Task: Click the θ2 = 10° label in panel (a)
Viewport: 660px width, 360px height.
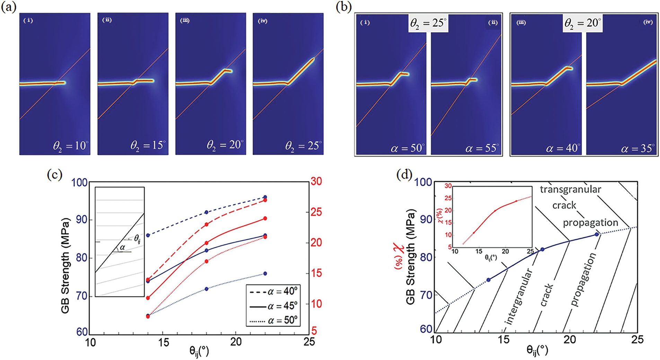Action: (70, 146)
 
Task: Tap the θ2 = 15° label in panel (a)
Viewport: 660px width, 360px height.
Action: (148, 146)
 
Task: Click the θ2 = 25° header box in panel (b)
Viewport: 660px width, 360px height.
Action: (428, 23)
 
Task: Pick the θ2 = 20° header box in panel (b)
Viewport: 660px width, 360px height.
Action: (583, 23)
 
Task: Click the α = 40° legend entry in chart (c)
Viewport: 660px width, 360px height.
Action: (273, 291)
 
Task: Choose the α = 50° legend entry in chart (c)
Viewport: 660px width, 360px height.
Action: (273, 321)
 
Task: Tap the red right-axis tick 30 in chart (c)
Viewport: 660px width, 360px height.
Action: (316, 181)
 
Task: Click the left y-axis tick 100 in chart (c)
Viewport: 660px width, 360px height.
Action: (79, 182)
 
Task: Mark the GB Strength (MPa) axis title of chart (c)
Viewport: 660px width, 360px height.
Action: (65, 265)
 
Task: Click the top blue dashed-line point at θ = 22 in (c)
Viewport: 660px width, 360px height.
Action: (265, 197)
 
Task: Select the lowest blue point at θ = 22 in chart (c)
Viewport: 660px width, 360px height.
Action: (265, 273)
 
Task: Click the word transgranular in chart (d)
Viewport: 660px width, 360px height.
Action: (570, 189)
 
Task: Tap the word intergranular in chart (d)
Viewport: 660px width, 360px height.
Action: (518, 296)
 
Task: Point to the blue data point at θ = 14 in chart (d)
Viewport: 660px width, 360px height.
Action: (489, 280)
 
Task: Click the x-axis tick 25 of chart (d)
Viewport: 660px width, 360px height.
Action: (637, 340)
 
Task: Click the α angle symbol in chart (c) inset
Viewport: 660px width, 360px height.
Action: (122, 248)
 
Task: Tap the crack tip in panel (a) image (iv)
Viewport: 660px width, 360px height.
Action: (313, 59)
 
